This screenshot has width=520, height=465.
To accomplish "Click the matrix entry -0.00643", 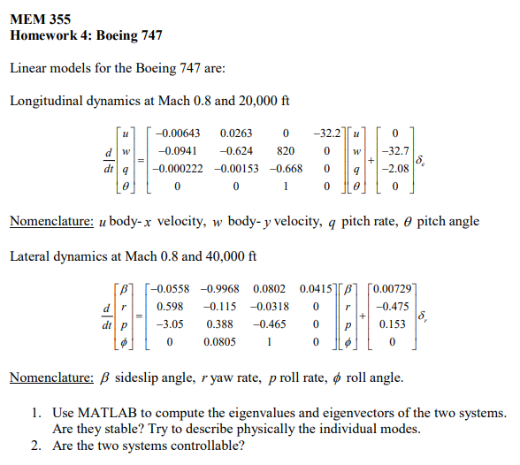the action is pos(177,133).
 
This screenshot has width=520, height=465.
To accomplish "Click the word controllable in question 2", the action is pos(206,446).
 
